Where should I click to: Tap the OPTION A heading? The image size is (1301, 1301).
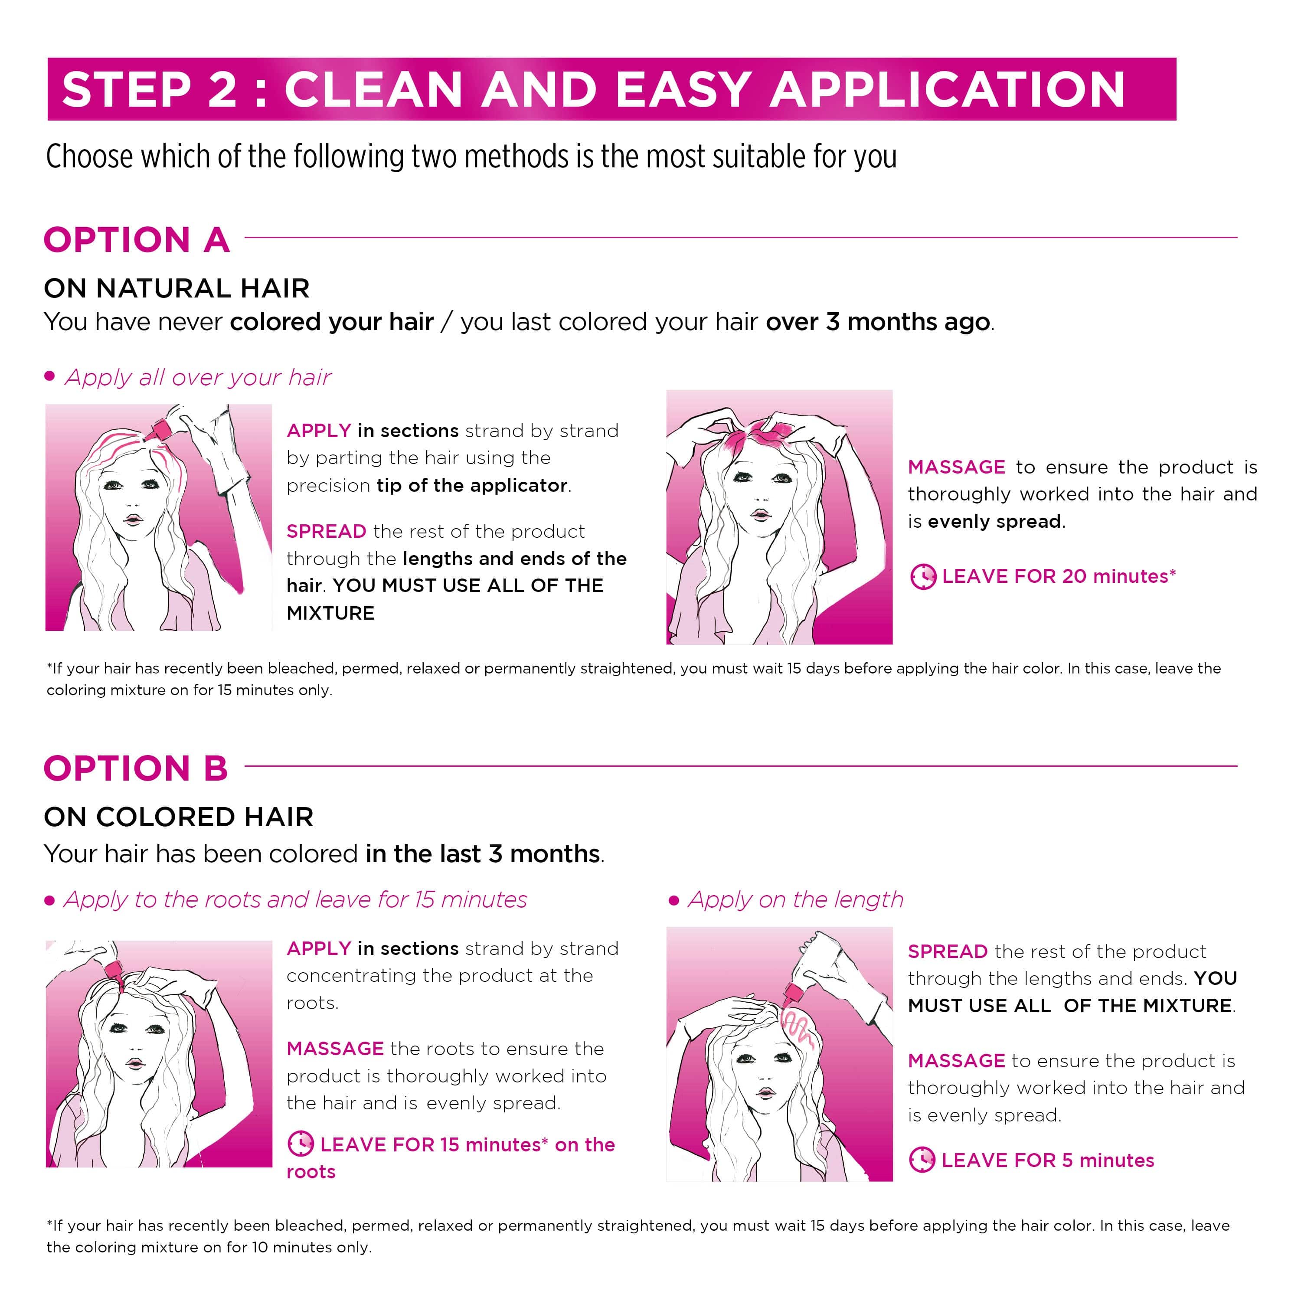coord(137,240)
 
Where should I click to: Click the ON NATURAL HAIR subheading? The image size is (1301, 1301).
coord(177,288)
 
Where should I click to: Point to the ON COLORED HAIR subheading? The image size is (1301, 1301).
coord(178,817)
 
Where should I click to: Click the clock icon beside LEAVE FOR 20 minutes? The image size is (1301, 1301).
coord(922,576)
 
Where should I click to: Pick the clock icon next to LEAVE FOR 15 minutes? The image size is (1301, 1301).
coord(301,1144)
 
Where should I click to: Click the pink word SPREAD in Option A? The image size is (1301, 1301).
coord(327,531)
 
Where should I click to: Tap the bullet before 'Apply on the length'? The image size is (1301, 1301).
coord(673,900)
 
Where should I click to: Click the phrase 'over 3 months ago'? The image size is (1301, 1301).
coord(878,322)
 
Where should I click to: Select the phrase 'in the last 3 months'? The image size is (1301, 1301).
coord(483,854)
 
